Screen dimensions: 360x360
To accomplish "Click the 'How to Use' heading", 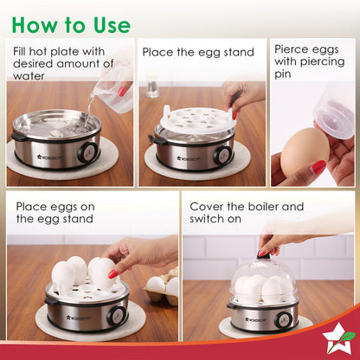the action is (71, 25).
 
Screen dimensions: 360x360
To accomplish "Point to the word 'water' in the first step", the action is (29, 76).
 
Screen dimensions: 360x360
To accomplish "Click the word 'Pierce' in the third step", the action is (291, 49).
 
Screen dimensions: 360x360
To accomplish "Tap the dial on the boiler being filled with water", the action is (88, 151).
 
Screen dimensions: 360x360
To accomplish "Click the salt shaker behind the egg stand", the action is (151, 85).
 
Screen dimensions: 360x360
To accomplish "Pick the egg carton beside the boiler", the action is (162, 287).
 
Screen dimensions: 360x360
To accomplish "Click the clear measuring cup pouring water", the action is (116, 92).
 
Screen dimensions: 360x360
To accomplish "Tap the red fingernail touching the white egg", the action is (113, 274).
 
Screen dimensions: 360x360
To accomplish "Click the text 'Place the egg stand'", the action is (198, 53).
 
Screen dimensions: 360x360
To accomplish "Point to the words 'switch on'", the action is (215, 219).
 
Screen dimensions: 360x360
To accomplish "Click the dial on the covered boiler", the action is (283, 320).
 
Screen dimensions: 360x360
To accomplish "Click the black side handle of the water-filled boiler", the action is (19, 137).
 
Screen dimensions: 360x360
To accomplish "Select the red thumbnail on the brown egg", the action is (318, 167).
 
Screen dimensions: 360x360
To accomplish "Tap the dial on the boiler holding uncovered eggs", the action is (117, 315).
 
